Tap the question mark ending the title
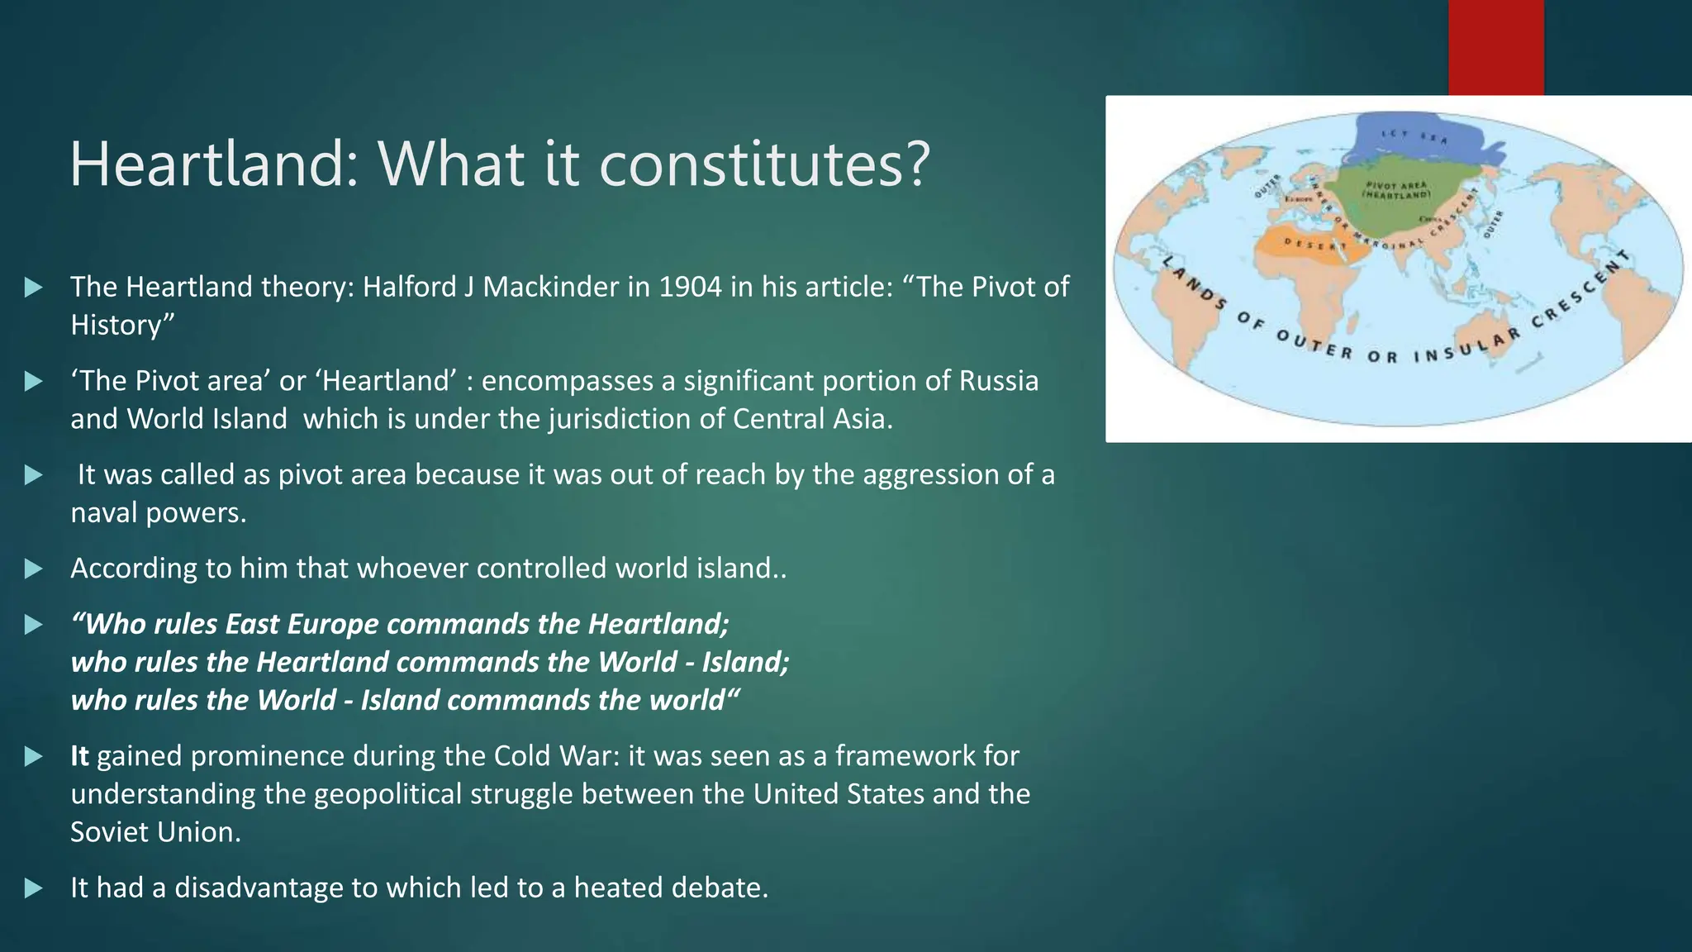[x=916, y=164]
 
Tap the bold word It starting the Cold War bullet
[x=79, y=756]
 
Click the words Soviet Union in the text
[x=155, y=832]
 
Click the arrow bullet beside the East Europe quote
[x=33, y=625]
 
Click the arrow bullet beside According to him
[x=33, y=569]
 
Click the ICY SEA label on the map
[x=1414, y=136]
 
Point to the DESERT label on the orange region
[x=1314, y=245]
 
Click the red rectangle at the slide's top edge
[x=1495, y=47]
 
